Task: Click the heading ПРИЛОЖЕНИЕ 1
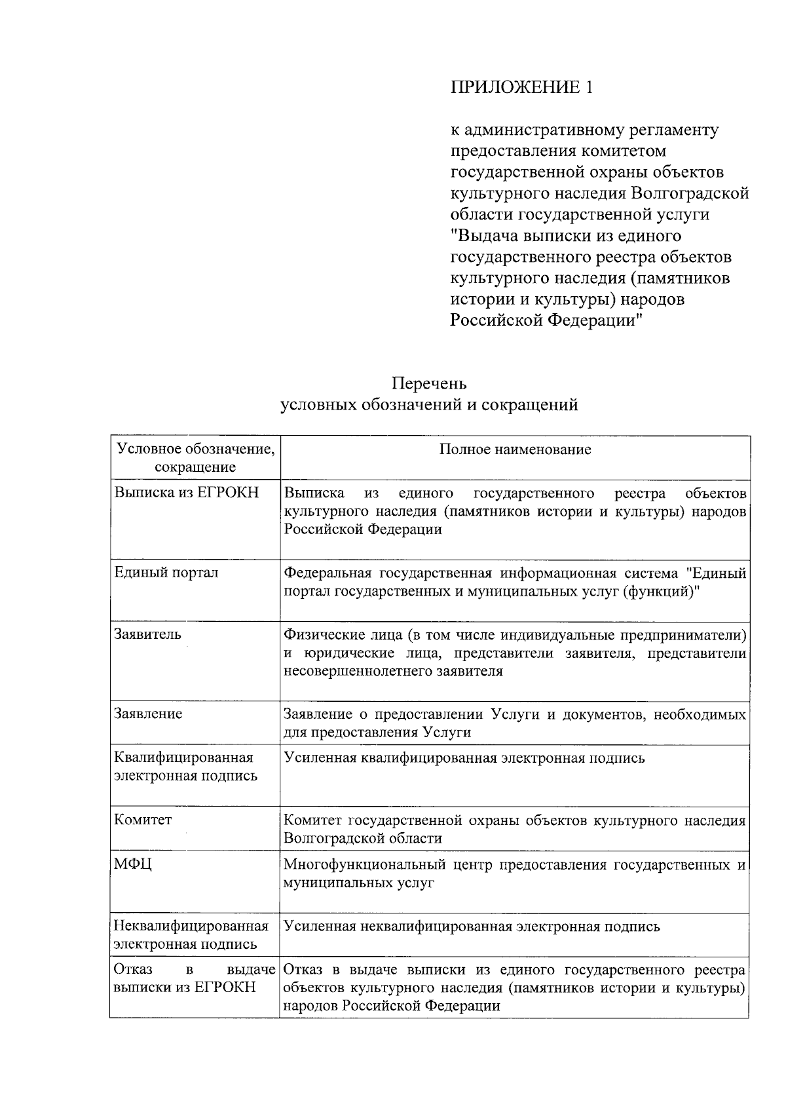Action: (x=521, y=88)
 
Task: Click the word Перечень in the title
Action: (x=429, y=383)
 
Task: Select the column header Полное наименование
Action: (x=515, y=450)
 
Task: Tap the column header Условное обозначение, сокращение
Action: (x=195, y=458)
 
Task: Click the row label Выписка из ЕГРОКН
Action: (x=186, y=493)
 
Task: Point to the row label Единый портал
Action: (x=166, y=572)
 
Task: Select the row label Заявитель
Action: (x=147, y=634)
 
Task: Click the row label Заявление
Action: (x=148, y=714)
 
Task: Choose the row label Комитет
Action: (x=143, y=820)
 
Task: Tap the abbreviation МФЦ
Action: (x=133, y=864)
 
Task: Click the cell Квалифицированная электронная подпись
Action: (x=185, y=767)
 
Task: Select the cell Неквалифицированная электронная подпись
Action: (x=191, y=935)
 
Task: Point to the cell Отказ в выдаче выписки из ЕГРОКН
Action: (x=193, y=978)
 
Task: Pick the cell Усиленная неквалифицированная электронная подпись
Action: (x=472, y=927)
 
